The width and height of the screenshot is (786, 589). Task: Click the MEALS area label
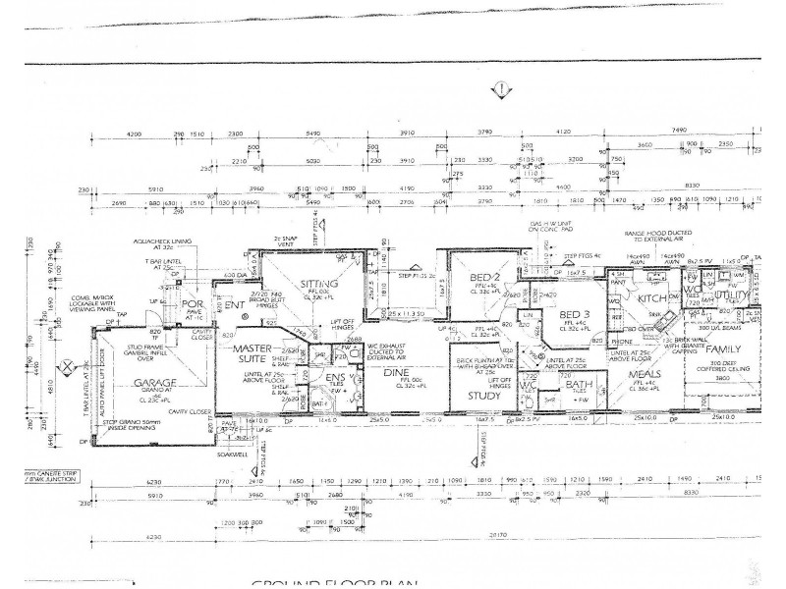640,374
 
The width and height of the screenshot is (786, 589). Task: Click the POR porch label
193,306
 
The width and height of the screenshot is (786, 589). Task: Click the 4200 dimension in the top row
135,133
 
